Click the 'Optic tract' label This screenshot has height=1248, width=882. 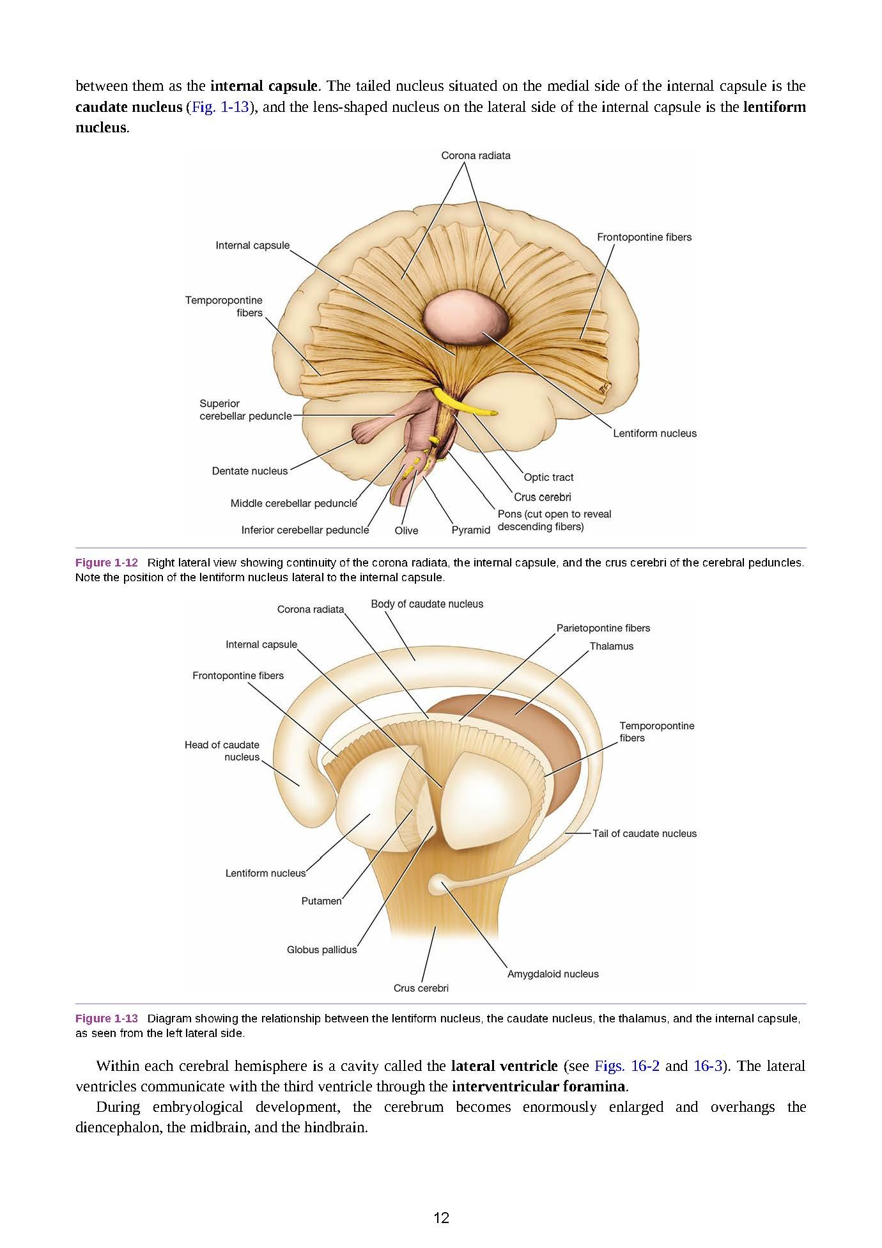click(x=548, y=477)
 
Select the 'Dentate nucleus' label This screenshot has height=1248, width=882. click(x=250, y=471)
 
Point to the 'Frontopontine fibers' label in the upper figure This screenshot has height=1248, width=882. click(x=644, y=237)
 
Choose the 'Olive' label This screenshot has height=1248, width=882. click(x=406, y=531)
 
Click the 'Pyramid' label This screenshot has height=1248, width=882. click(x=471, y=530)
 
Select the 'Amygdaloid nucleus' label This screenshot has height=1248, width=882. click(x=553, y=974)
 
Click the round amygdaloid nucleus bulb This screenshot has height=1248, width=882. click(x=438, y=884)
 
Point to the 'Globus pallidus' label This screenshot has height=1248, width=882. click(x=321, y=949)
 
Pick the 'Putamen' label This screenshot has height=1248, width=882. click(x=321, y=901)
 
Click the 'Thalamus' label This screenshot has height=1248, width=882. click(x=612, y=646)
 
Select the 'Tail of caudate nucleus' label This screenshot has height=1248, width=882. click(x=644, y=833)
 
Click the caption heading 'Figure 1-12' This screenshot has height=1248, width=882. click(x=107, y=563)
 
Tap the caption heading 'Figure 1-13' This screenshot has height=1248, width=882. click(x=107, y=1018)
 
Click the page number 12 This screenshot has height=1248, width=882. click(x=441, y=1218)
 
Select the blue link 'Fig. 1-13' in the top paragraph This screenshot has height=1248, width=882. click(x=220, y=107)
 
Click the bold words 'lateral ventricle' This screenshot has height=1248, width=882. click(x=504, y=1066)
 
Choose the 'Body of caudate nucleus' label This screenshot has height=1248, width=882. click(x=427, y=604)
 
